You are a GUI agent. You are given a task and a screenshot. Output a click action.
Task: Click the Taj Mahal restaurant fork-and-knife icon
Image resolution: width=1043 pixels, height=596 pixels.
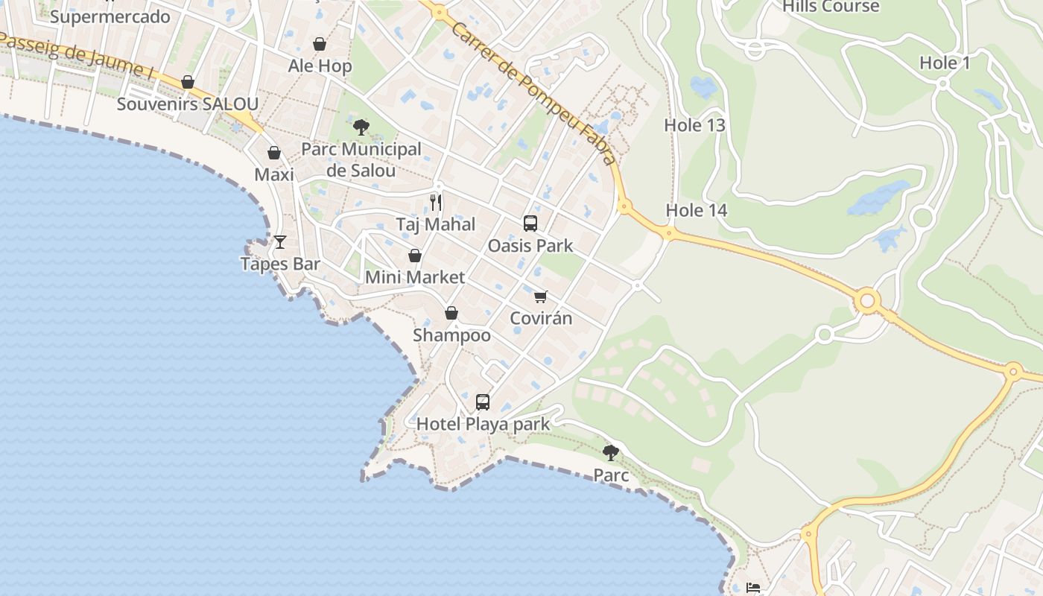click(x=436, y=202)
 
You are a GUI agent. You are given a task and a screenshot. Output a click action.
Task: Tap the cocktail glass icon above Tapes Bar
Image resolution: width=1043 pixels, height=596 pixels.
click(x=280, y=241)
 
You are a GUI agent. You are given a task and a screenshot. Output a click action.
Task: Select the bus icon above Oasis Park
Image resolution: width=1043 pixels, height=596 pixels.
click(x=530, y=223)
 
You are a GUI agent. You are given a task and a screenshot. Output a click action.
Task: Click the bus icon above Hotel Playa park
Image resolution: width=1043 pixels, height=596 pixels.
click(x=483, y=402)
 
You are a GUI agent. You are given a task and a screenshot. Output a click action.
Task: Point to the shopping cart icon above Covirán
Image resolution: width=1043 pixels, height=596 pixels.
click(x=541, y=297)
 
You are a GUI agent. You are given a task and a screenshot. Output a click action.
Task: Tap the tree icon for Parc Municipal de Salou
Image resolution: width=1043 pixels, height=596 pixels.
click(x=361, y=127)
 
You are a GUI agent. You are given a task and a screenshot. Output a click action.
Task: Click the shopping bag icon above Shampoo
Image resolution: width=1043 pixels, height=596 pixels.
click(x=451, y=313)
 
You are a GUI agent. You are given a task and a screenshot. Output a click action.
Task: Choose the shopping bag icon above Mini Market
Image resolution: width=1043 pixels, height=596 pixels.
click(x=415, y=256)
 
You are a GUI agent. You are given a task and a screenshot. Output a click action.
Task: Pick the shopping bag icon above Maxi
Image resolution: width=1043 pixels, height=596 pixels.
click(x=274, y=153)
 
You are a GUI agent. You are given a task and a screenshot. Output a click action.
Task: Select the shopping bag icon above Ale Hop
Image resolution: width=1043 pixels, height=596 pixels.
click(x=320, y=44)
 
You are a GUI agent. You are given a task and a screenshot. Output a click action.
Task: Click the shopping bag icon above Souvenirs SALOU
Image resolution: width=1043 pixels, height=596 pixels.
click(x=188, y=81)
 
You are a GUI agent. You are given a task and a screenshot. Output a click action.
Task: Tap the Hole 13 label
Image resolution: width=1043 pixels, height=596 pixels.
click(x=694, y=125)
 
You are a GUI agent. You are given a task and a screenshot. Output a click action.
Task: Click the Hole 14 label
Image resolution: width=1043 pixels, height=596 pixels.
click(x=696, y=210)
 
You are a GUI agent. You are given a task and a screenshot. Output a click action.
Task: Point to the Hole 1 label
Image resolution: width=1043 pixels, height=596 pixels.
click(x=945, y=63)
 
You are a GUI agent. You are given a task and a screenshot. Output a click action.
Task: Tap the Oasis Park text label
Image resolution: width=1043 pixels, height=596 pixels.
click(x=530, y=246)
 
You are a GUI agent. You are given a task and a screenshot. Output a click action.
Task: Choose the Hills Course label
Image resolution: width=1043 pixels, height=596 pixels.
click(x=831, y=7)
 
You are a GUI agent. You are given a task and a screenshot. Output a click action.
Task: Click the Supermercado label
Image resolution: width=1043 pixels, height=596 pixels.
click(x=110, y=16)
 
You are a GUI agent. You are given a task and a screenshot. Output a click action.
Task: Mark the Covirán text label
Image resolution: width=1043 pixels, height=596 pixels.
click(x=541, y=318)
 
